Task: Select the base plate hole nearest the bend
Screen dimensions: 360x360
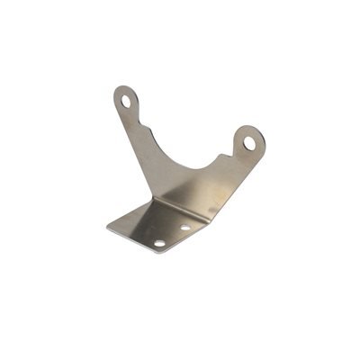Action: coord(184,228)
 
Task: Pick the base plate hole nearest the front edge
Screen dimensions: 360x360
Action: coord(159,243)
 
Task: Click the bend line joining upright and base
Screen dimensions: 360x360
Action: coord(180,206)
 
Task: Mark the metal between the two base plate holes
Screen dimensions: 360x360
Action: coord(172,236)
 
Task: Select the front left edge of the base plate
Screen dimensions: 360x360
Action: coord(131,239)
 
